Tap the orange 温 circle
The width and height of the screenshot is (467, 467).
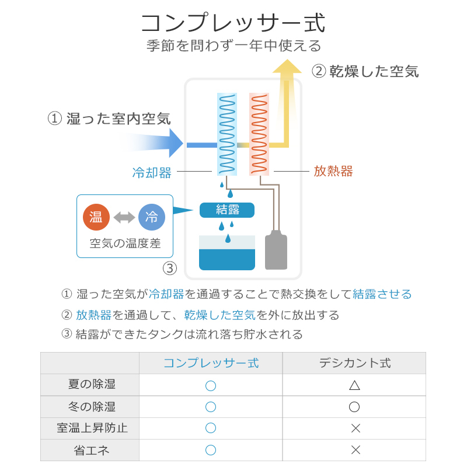point(96,218)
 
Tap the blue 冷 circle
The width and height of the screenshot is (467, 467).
point(152,218)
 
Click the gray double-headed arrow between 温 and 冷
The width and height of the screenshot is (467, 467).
point(124,218)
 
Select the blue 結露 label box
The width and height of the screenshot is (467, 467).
point(226,210)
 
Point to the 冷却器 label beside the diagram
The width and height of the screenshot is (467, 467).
point(152,172)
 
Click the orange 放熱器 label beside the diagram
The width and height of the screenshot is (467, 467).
point(333,172)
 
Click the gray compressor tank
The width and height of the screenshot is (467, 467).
point(276,252)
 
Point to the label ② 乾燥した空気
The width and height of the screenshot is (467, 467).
point(366,72)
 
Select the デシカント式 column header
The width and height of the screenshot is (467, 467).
point(354,363)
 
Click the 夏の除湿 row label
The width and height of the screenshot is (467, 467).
point(89,385)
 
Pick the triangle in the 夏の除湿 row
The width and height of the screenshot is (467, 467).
point(354,385)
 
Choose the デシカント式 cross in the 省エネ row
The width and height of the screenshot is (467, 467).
point(355,450)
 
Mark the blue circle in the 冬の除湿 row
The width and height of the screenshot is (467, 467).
point(211,407)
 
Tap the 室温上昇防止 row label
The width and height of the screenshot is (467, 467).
point(89,428)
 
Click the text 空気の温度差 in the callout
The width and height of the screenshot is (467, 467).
point(125,243)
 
